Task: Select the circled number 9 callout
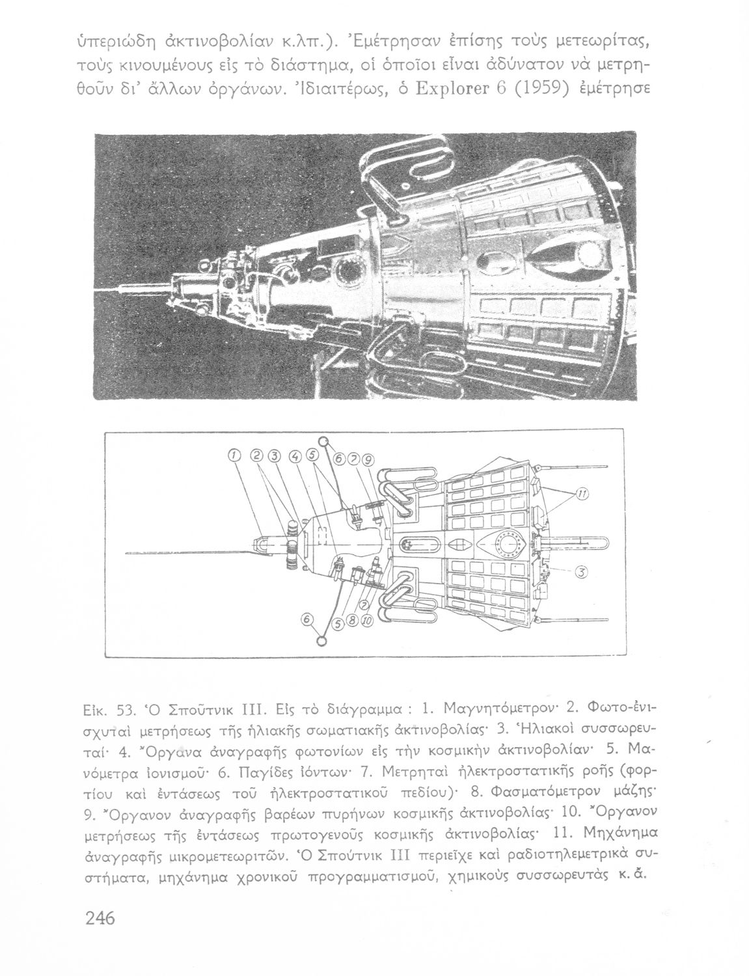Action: click(x=369, y=461)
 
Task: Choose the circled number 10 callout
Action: click(x=365, y=621)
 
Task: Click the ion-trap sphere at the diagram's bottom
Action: click(x=321, y=642)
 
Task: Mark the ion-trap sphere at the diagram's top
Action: click(x=323, y=440)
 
